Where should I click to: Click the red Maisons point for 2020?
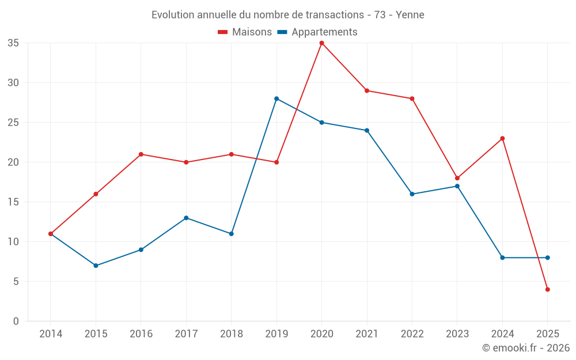pos(321,43)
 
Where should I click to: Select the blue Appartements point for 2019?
pos(276,98)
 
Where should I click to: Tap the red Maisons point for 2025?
pos(547,289)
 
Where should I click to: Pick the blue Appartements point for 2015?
pos(96,266)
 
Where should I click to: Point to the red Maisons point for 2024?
pos(502,138)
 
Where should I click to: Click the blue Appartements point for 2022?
pos(412,194)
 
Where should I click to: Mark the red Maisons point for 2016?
pos(141,154)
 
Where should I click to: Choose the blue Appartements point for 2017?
pos(186,218)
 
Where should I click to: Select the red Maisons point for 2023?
pos(457,178)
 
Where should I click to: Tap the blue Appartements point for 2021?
pos(367,130)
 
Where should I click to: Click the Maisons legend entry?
pos(245,32)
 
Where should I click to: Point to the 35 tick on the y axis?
pos(13,43)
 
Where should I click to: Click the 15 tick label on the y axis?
pos(13,202)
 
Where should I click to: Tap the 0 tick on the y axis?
pos(16,321)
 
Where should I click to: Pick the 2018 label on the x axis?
pos(231,334)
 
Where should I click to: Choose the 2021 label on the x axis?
pos(367,334)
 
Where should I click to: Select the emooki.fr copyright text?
pos(526,348)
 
